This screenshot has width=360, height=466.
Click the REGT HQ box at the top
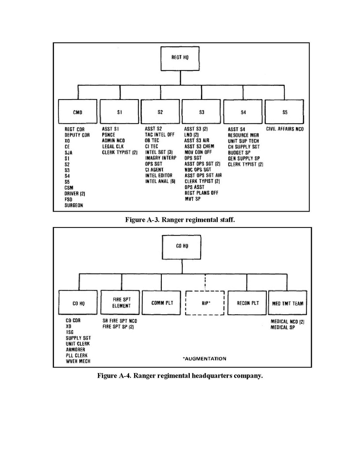pos(180,58)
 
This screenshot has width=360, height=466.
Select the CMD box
pos(79,112)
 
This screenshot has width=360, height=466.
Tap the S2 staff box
pos(160,112)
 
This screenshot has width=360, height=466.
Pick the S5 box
pos(285,112)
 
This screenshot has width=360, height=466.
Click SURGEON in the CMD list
pos(73,205)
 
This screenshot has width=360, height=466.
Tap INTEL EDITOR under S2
pos(158,175)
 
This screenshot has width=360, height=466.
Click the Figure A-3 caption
pos(180,220)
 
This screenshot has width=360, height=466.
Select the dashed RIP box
pos(205,303)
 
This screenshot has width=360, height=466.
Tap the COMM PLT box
pos(161,303)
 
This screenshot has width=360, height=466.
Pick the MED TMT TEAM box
pos(287,303)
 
